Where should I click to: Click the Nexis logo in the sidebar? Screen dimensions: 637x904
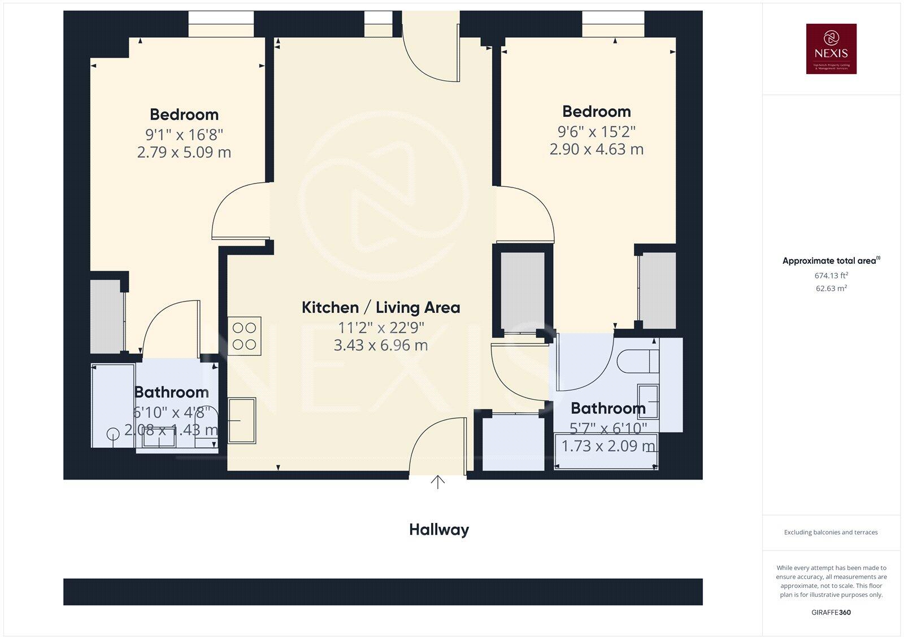(831, 49)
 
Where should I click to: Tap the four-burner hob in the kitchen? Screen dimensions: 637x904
(245, 336)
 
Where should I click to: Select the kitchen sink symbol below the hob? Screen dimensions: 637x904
(241, 421)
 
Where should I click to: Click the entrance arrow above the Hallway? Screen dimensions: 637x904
(438, 482)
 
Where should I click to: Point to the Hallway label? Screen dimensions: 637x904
(439, 530)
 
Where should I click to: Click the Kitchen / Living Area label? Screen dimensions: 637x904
(381, 308)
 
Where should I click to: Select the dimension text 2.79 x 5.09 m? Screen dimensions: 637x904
(184, 152)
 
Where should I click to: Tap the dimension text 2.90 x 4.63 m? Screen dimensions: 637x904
(597, 150)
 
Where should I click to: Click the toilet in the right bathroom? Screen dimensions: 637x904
(638, 361)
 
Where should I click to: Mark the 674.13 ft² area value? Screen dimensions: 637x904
(831, 276)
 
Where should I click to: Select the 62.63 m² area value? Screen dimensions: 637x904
(831, 288)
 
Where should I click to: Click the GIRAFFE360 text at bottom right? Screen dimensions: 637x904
(831, 612)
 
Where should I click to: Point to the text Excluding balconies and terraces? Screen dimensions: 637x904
(831, 532)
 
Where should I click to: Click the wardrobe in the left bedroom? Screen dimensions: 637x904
(106, 316)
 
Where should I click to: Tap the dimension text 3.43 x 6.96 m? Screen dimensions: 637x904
(381, 345)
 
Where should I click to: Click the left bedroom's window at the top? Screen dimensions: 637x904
(221, 24)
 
